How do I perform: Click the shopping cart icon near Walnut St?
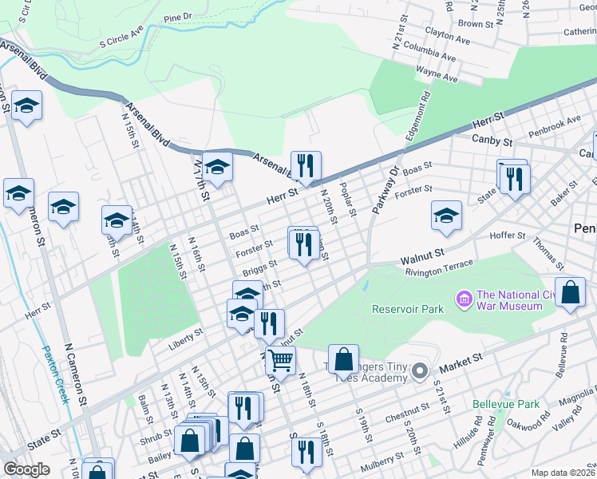click(x=280, y=360)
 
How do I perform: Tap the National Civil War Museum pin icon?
click(x=462, y=299)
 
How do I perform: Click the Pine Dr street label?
click(x=177, y=16)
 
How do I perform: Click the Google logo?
click(x=26, y=469)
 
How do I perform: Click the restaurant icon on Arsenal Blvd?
click(x=305, y=166)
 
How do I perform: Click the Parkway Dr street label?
click(x=382, y=190)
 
